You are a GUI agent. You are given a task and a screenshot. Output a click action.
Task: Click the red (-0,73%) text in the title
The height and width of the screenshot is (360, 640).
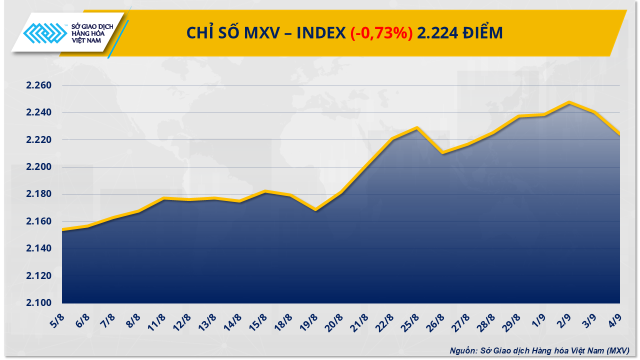(x=381, y=33)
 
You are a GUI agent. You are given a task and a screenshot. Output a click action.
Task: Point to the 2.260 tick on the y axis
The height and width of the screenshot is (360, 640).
(x=39, y=85)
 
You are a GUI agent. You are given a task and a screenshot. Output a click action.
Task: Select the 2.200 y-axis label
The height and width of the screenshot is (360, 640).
(x=39, y=167)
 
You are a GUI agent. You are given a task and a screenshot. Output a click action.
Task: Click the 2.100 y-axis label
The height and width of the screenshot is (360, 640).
(x=39, y=303)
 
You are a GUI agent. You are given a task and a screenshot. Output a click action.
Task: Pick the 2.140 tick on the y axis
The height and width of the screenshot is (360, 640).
(x=39, y=248)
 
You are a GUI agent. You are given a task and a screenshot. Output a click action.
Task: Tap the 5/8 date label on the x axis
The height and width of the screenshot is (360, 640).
(x=58, y=319)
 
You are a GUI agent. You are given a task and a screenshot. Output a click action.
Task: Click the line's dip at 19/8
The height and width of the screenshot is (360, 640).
(x=315, y=210)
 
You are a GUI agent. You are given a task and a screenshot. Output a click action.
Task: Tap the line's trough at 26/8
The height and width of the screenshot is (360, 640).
(x=442, y=152)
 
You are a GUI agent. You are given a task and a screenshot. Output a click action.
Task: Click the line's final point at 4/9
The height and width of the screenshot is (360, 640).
(x=619, y=134)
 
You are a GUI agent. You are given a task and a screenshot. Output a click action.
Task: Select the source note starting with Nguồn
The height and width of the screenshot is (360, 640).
(x=539, y=350)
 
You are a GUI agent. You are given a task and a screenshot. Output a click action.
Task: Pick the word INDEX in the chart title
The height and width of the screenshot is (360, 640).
(x=321, y=33)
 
